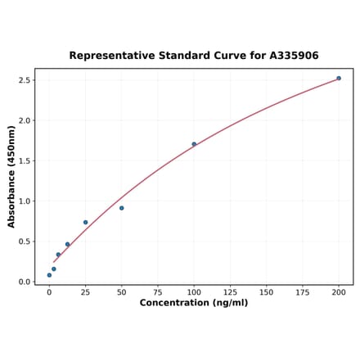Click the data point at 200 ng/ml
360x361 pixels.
tap(339, 79)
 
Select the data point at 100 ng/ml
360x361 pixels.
tap(194, 144)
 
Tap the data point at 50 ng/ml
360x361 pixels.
tap(122, 208)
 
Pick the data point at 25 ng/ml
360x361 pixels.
tap(85, 222)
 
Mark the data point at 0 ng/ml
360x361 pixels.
tap(49, 275)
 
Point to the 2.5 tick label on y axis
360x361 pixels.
tap(24, 80)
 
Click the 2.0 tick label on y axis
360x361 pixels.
tap(24, 120)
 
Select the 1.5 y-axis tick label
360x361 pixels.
tap(24, 160)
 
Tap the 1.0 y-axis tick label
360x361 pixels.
tap(24, 201)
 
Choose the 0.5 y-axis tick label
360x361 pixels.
tap(24, 241)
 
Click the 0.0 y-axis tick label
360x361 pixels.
tap(24, 282)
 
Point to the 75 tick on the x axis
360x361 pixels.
tap(158, 292)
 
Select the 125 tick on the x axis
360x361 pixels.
tap(230, 292)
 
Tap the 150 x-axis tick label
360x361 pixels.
tap(267, 292)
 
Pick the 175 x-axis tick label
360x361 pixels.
tap(303, 292)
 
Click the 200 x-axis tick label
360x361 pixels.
tap(339, 292)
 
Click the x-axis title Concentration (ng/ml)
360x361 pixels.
tap(194, 303)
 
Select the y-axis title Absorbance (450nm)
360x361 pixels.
tap(11, 177)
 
